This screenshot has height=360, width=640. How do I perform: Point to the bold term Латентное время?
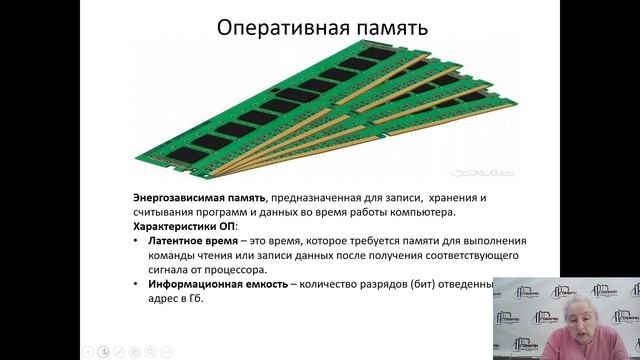tap(193, 241)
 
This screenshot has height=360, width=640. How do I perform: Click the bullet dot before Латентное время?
tap(136, 241)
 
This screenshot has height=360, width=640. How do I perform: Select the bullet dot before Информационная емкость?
tap(136, 284)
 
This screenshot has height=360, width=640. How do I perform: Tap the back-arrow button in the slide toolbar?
tap(88, 351)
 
